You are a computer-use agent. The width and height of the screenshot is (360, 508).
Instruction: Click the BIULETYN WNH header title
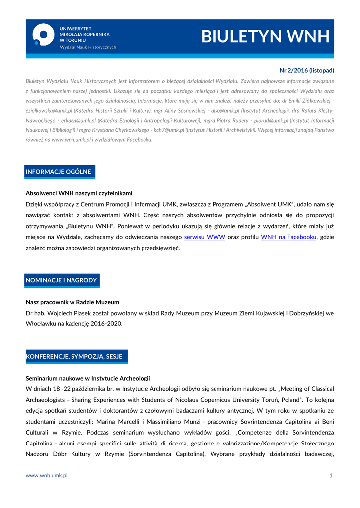[265, 37]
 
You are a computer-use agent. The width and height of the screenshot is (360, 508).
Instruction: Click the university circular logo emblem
[43, 35]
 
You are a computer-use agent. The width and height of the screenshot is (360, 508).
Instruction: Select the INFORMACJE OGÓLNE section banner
[59, 172]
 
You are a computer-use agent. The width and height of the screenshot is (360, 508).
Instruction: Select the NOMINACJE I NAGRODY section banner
[61, 280]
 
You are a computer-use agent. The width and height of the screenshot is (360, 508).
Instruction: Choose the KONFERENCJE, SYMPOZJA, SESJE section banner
[74, 356]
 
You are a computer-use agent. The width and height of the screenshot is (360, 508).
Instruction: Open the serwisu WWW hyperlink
[205, 237]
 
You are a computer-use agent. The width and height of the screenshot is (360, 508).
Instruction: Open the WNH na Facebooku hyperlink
[288, 237]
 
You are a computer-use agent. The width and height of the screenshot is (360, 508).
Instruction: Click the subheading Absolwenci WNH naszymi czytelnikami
[79, 193]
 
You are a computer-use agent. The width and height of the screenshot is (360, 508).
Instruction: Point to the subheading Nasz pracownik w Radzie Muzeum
[72, 302]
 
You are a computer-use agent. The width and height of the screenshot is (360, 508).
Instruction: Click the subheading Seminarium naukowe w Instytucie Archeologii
[88, 378]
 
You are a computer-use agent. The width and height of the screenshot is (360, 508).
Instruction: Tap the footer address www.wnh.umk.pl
[47, 475]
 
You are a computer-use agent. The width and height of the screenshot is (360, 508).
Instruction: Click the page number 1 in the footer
[331, 475]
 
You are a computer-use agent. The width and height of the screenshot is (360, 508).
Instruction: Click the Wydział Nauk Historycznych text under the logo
[88, 47]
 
